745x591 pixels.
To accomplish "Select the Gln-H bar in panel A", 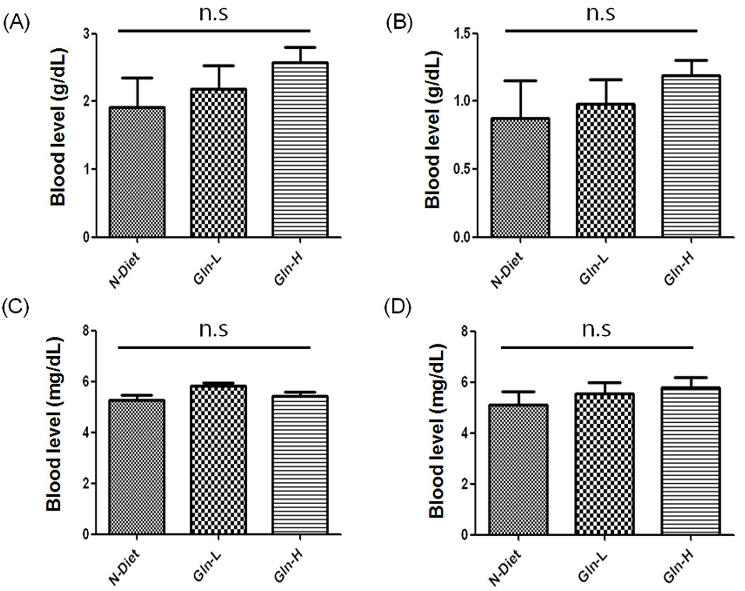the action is (x=300, y=150).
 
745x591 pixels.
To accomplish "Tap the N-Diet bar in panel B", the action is (x=520, y=177).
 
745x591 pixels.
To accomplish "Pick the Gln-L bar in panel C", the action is (x=218, y=460).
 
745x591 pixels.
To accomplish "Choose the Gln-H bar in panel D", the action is (x=691, y=461).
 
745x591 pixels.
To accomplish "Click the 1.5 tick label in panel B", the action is (x=462, y=34).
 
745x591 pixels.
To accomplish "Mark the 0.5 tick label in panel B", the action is (x=462, y=169).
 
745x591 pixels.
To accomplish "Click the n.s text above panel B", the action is (x=600, y=13).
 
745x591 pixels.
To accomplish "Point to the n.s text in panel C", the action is (x=213, y=330).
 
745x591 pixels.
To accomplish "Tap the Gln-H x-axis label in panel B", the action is (x=678, y=270).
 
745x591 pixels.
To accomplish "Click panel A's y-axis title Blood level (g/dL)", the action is (x=58, y=127).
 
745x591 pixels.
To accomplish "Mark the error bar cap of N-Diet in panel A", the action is (x=138, y=78).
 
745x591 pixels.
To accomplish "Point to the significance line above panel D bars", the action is (x=597, y=348).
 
